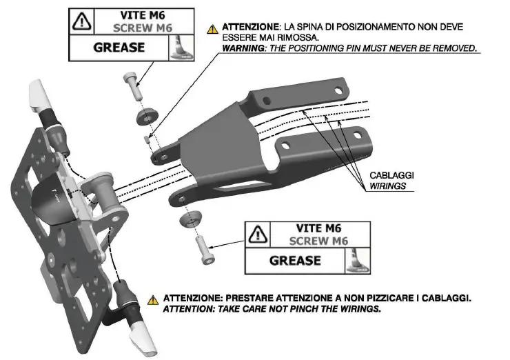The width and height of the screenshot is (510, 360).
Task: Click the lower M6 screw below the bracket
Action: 203,249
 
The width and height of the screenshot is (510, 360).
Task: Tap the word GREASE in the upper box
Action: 119,48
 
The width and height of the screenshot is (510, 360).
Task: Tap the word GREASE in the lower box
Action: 295,260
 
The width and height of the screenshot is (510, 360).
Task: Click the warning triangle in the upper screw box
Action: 82,21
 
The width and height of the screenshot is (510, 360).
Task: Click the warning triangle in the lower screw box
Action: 258,233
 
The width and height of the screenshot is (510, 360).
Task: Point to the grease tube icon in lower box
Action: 357,261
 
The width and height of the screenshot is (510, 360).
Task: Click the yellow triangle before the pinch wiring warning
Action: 154,300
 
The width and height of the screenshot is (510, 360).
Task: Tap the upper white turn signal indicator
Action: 38,93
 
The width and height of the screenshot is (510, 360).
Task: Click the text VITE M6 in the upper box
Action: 138,15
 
